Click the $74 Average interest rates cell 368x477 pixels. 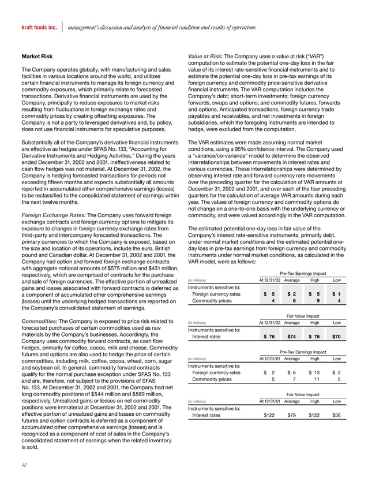(x=293, y=336)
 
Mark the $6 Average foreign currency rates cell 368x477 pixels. (x=293, y=373)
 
